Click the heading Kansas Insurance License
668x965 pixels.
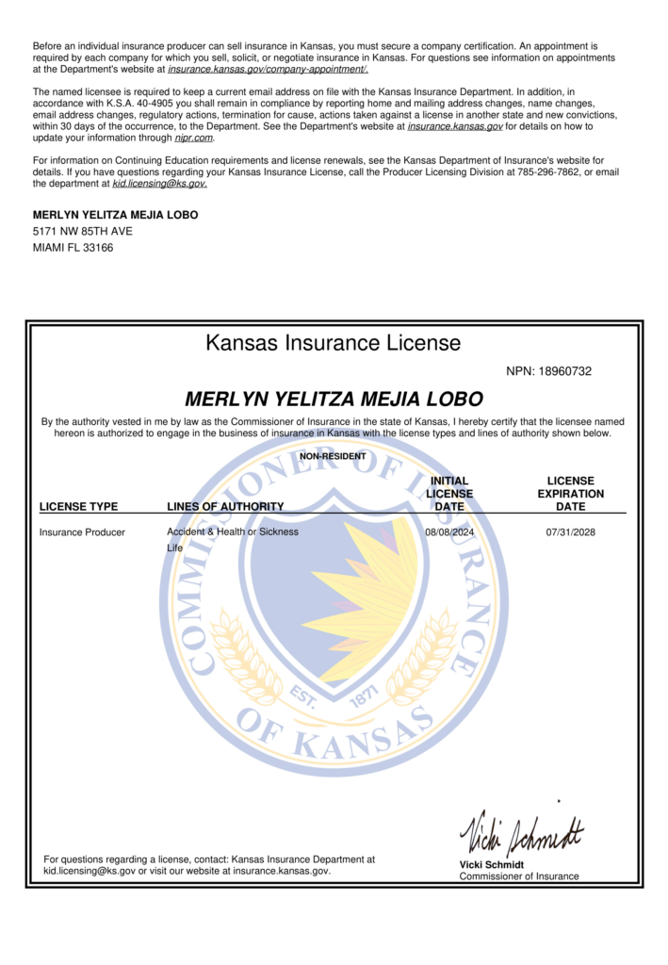tap(334, 343)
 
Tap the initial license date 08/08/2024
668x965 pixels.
tap(449, 532)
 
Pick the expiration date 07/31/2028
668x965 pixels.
tap(570, 532)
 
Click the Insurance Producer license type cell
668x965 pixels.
tap(82, 532)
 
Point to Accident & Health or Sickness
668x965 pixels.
tap(233, 532)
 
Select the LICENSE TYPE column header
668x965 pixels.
tap(78, 507)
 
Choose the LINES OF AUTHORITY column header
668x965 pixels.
tap(225, 507)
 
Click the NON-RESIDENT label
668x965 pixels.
tap(333, 456)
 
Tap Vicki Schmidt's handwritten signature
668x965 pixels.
tap(521, 830)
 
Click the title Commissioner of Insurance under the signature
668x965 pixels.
tap(519, 876)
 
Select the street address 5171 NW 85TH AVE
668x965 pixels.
tap(83, 231)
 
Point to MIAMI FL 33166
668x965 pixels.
tap(73, 248)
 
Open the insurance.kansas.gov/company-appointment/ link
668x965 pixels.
tap(268, 69)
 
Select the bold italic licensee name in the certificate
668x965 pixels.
tap(334, 399)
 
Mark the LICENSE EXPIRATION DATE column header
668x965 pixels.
tap(570, 494)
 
